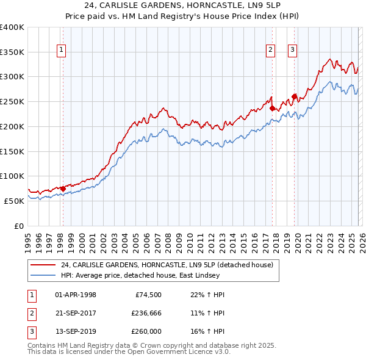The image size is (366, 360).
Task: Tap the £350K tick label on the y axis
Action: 12,52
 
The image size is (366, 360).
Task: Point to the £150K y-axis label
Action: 12,151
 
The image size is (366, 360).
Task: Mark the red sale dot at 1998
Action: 63,189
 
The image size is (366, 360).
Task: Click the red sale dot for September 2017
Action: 272,109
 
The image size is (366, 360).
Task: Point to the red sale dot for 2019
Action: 294,96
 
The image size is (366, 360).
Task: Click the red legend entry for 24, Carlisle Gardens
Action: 170,265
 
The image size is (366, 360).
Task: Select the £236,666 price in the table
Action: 146,313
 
